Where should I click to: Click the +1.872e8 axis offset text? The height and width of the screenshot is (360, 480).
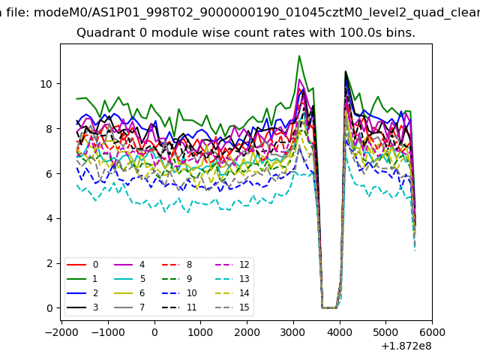pos(406,346)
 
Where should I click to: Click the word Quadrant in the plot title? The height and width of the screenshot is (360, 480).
pos(103,33)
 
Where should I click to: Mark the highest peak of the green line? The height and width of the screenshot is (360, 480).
pos(299,55)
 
